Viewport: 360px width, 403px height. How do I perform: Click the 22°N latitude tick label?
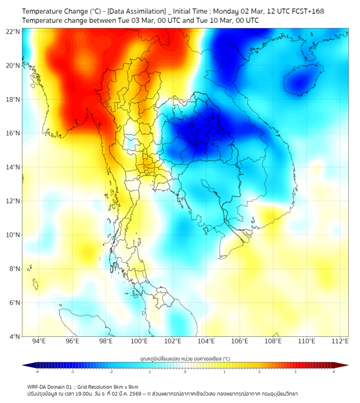pos(13,31)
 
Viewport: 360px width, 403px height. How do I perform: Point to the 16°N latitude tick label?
pos(13,133)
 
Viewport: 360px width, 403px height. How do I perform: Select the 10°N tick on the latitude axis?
pos(13,235)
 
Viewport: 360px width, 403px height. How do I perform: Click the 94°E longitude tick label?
pos(39,341)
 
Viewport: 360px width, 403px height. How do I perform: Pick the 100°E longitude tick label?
pos(140,341)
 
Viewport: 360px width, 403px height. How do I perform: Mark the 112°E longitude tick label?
pos(340,341)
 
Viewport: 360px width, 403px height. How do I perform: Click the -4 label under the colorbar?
pos(36,372)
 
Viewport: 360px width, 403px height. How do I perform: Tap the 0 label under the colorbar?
pos(185,372)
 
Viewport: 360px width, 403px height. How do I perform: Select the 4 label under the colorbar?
pos(334,372)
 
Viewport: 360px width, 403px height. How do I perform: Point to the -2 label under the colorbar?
pos(110,372)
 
